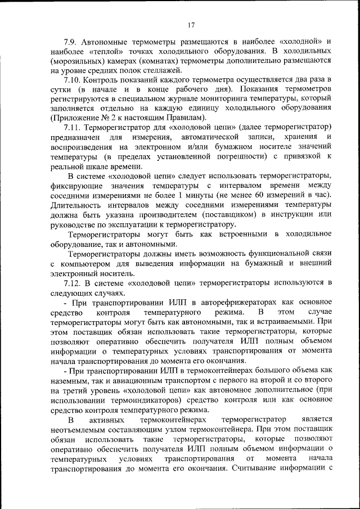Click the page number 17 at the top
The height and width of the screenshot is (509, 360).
pos(191,25)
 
